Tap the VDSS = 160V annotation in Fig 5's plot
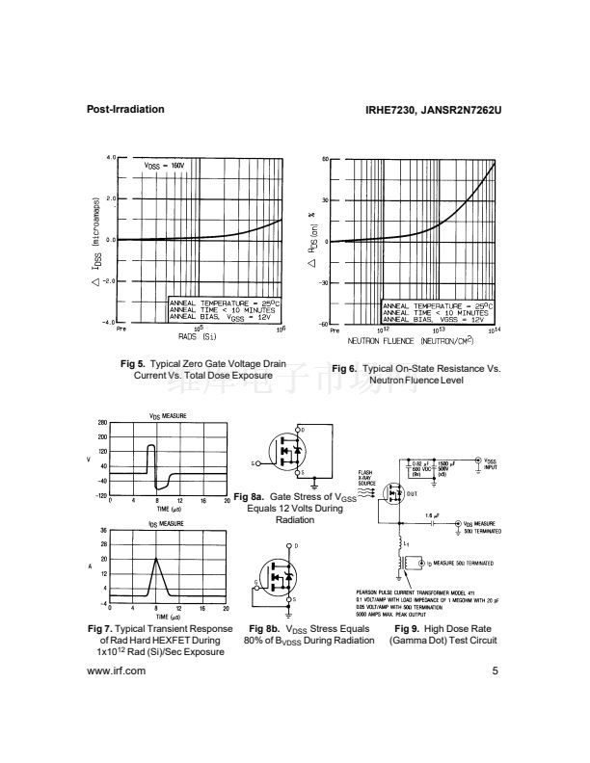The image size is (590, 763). point(169,166)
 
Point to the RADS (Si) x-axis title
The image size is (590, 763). point(198,336)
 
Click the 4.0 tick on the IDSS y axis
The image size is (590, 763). point(111,156)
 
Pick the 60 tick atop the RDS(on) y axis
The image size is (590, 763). point(325,157)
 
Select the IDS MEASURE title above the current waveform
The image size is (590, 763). point(167,523)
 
